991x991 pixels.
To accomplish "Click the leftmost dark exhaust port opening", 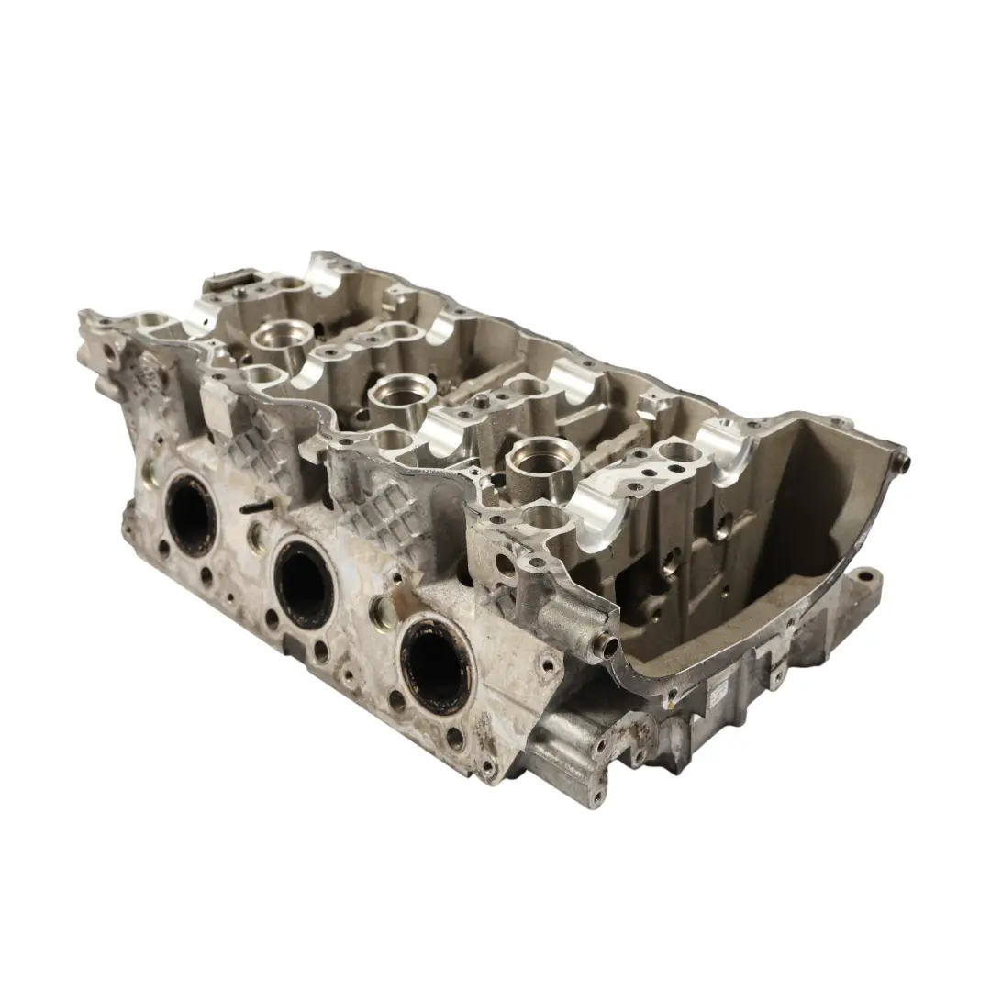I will point(191,513).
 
